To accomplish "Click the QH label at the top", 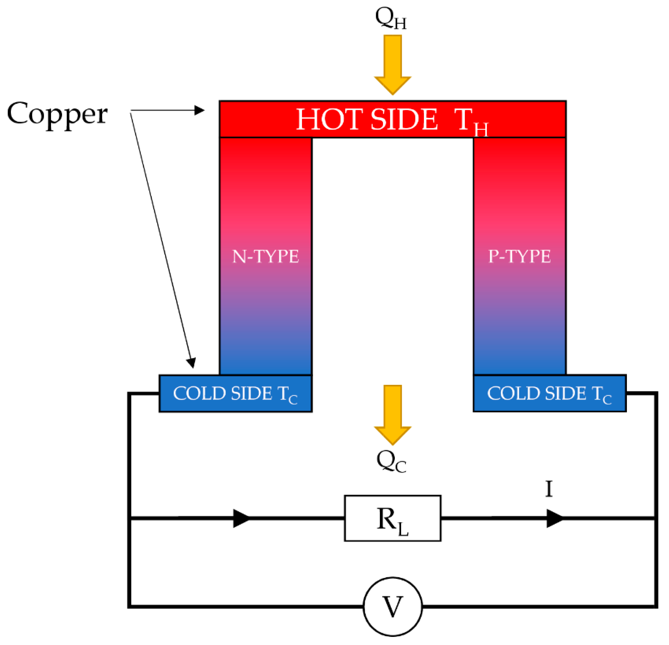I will [391, 19].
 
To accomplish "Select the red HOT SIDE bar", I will [393, 119].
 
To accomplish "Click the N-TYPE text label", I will [265, 256].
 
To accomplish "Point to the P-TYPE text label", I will [520, 256].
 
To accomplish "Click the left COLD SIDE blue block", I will [236, 394].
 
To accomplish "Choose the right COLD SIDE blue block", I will [549, 394].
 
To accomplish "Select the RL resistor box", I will [393, 518].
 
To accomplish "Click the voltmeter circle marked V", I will [393, 607].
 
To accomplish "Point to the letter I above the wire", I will [549, 489].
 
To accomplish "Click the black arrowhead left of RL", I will [241, 518].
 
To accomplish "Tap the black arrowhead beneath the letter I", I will [554, 518].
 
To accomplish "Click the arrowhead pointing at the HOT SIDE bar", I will [199, 110].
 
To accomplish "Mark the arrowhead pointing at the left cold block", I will [192, 363].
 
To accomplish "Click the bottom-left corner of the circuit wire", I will [130, 606].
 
